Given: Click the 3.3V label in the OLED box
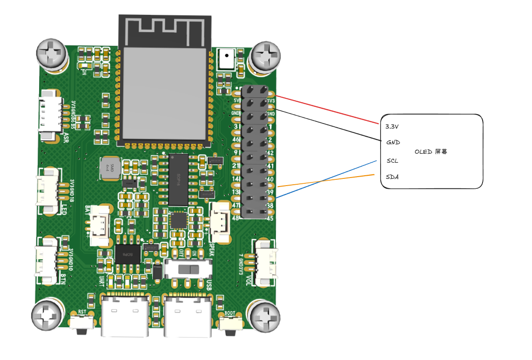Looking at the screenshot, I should (392, 126).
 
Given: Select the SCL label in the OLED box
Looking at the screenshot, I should (392, 160).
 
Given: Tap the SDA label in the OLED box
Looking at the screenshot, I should (392, 177).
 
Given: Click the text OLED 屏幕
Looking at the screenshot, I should (430, 152).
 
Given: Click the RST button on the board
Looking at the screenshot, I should (83, 322).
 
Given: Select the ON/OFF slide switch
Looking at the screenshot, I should (188, 270).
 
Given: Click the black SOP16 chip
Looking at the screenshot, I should (178, 179).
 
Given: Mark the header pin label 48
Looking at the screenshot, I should (235, 218).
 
